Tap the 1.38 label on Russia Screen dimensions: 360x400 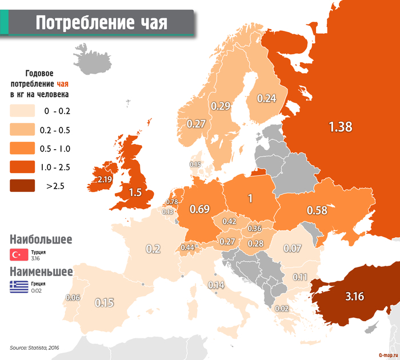point(340,127)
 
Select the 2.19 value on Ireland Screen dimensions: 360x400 point(105,179)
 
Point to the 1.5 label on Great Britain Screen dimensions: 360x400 point(135,193)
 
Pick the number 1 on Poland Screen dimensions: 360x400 point(249,199)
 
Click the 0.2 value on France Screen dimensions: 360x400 point(153,249)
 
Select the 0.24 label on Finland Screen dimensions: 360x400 point(266,98)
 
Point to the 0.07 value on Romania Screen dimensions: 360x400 point(292,248)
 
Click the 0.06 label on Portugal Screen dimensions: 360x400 point(73,298)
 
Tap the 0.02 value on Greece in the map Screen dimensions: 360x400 point(281,309)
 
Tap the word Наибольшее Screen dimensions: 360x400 point(41,239)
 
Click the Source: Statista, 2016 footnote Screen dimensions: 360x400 point(34,347)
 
